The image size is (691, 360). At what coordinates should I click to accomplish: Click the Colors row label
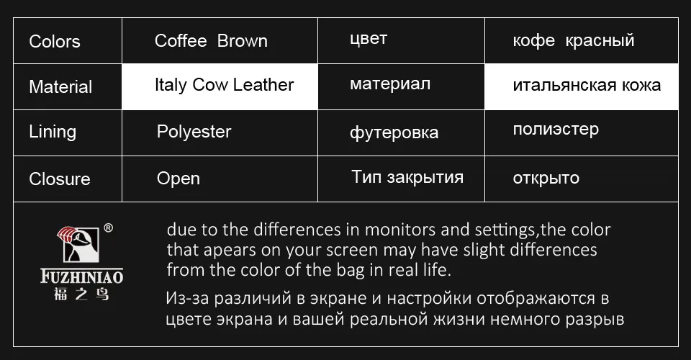[x=55, y=42]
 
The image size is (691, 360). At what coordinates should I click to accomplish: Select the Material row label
[x=60, y=87]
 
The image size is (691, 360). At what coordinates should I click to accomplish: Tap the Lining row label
[x=53, y=132]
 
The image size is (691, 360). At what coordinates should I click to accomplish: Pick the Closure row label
[x=60, y=179]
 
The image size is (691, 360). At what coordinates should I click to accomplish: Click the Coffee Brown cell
[x=211, y=41]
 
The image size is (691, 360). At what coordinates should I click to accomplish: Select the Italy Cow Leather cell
[x=224, y=85]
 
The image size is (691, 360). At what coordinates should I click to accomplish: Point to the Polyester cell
[x=194, y=132]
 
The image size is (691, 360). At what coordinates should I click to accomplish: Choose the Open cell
[x=179, y=179]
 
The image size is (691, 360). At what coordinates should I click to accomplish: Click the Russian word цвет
[x=368, y=39]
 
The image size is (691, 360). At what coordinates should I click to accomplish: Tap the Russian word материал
[x=390, y=84]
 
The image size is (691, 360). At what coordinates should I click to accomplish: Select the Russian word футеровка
[x=394, y=132]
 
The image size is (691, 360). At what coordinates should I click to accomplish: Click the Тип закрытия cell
[x=407, y=177]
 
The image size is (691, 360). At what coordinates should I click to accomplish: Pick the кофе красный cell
[x=574, y=40]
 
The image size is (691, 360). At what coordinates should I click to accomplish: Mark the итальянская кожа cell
[x=587, y=86]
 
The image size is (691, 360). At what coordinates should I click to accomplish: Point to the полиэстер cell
[x=556, y=130]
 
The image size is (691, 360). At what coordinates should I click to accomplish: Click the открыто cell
[x=546, y=178]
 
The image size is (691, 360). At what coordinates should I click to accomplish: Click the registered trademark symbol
[x=108, y=228]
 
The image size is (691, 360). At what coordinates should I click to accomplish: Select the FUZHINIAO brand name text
[x=81, y=276]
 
